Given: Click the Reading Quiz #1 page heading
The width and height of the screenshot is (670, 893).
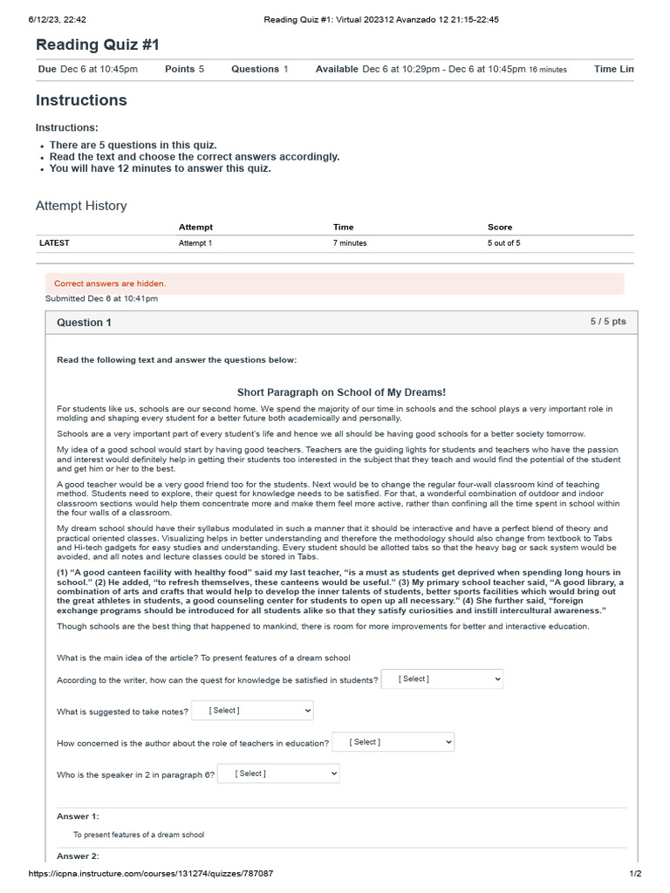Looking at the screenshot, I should [97, 44].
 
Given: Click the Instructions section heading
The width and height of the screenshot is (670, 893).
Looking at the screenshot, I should [81, 100].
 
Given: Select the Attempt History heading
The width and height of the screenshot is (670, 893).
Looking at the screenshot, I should [81, 206].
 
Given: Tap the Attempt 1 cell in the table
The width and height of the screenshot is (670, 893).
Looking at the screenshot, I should [195, 243].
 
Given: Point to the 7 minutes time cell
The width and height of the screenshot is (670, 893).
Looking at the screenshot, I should [350, 243].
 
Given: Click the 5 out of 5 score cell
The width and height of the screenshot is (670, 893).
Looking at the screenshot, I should [503, 243].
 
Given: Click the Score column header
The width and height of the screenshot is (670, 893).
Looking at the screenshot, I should [500, 227].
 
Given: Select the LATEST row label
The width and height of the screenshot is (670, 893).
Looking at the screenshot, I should [54, 243].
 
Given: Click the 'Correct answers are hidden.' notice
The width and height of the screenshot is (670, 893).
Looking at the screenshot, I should [110, 283].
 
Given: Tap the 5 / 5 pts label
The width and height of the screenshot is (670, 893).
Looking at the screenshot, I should [607, 322].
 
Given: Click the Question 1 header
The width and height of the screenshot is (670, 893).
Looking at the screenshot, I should [84, 323].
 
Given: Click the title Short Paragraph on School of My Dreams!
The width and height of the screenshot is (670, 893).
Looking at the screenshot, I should [341, 392].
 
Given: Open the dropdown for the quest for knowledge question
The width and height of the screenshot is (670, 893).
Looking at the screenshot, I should [442, 679].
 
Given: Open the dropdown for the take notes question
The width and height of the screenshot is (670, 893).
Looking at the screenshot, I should [252, 711].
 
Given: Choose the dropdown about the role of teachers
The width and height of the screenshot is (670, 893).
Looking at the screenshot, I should [393, 742].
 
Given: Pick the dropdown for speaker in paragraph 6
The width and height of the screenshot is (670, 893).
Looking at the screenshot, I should [278, 774].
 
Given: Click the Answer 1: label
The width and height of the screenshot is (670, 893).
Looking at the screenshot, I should [78, 816].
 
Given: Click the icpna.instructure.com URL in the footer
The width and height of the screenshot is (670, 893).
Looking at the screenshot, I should [150, 874].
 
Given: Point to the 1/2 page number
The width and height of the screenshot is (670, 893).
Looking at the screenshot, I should [636, 874].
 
